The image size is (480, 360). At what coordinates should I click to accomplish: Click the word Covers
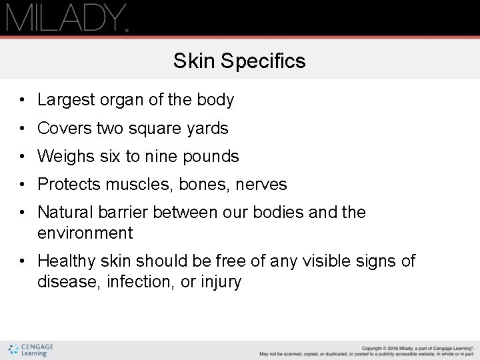[x=65, y=128]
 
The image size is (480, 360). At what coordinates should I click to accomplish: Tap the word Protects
[x=69, y=185]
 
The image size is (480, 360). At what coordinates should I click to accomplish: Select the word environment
[x=85, y=233]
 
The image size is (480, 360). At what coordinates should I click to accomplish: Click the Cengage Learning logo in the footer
[x=31, y=350]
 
